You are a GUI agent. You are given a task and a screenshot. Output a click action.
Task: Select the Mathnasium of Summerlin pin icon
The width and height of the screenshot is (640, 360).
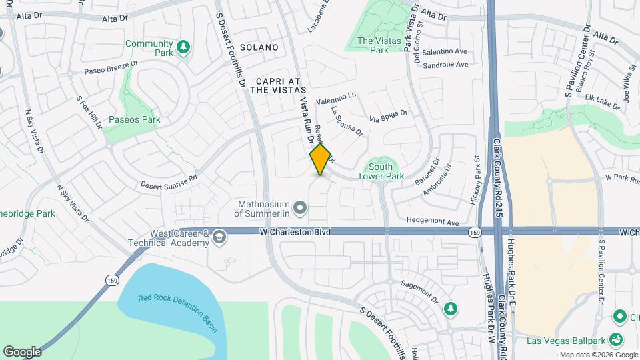[x=300, y=209]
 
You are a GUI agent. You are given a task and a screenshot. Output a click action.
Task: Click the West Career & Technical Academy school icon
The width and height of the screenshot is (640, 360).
[x=219, y=237]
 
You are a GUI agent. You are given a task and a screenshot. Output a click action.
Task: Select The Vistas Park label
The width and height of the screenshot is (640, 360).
[x=373, y=45]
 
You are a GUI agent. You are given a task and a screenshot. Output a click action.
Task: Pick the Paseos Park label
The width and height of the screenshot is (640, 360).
[x=135, y=120]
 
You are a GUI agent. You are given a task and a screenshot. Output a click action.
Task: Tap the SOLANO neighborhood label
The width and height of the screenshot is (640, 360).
[x=259, y=47]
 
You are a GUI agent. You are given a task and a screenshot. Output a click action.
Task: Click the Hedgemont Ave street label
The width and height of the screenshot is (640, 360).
[x=435, y=222]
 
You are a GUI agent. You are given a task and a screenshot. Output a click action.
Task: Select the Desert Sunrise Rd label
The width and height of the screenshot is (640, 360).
[x=169, y=180]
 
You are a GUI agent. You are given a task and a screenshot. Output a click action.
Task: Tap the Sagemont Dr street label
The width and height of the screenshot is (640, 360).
[x=419, y=288]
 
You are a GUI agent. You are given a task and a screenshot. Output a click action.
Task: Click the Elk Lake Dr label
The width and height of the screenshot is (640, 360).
[x=595, y=104]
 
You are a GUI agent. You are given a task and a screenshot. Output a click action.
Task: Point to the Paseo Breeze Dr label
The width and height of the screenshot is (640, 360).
[x=110, y=67]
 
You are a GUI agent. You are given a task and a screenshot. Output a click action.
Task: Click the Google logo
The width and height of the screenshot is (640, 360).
[x=22, y=351]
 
